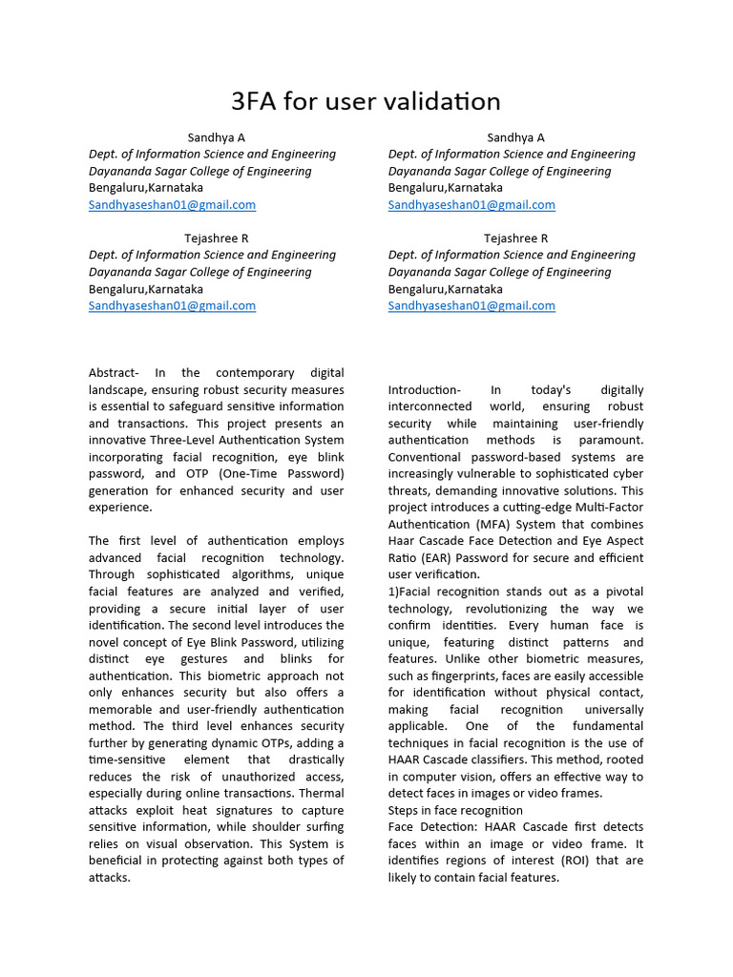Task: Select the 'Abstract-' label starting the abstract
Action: point(114,373)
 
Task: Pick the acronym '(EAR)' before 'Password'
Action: point(441,558)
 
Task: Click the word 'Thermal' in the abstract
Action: point(322,793)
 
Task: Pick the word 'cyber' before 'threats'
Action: point(627,474)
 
